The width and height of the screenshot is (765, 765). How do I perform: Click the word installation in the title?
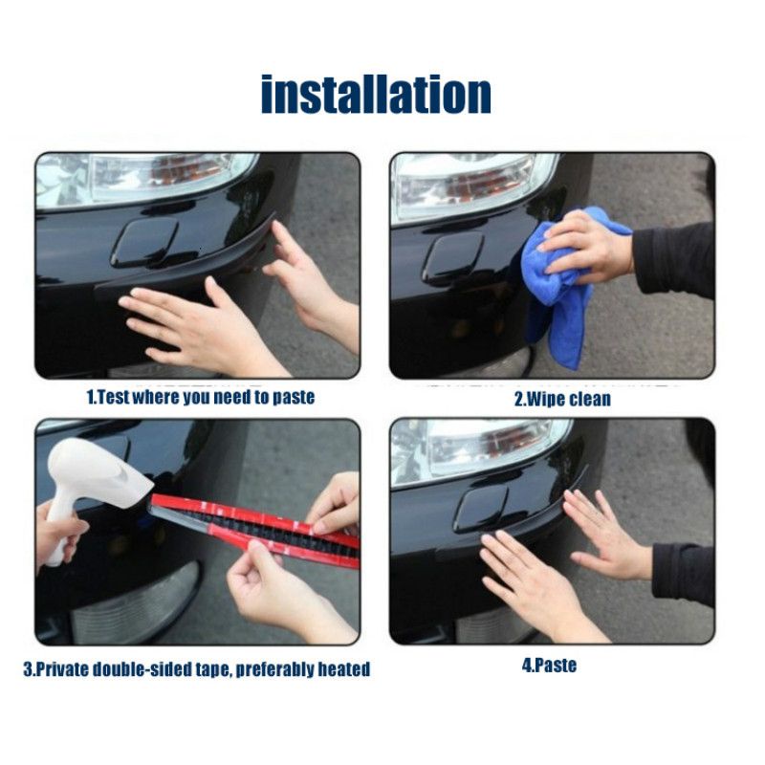tap(376, 94)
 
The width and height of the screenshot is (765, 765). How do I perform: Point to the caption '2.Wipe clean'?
tap(562, 399)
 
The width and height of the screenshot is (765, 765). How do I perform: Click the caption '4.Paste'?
tap(549, 665)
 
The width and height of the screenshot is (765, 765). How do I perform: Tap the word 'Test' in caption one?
tap(113, 397)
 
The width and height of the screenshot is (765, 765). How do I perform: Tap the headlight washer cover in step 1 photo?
tap(145, 243)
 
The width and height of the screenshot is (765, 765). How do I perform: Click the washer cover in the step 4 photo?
tap(481, 509)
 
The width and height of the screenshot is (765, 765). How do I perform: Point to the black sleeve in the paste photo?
tap(684, 573)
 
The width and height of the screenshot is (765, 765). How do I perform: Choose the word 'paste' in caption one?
tap(294, 398)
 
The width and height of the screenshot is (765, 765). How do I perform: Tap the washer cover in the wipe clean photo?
tap(452, 260)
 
